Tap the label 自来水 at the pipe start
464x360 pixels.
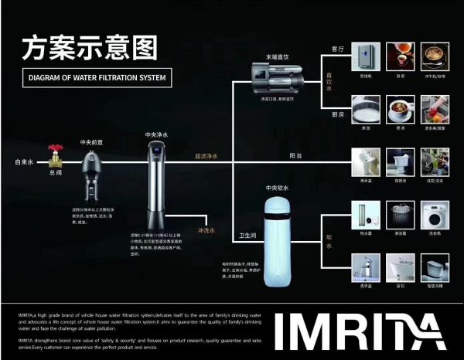24,162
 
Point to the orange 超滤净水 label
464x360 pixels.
206,156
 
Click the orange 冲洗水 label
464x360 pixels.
207,229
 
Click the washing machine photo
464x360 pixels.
436,215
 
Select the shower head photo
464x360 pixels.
401,215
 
